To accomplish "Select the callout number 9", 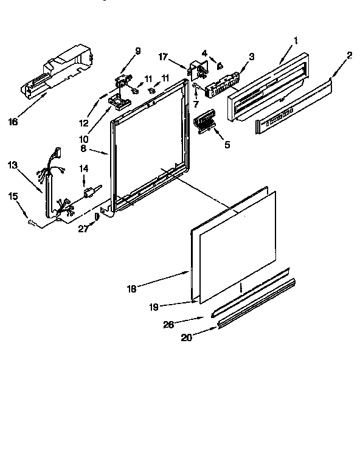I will (x=138, y=51).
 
